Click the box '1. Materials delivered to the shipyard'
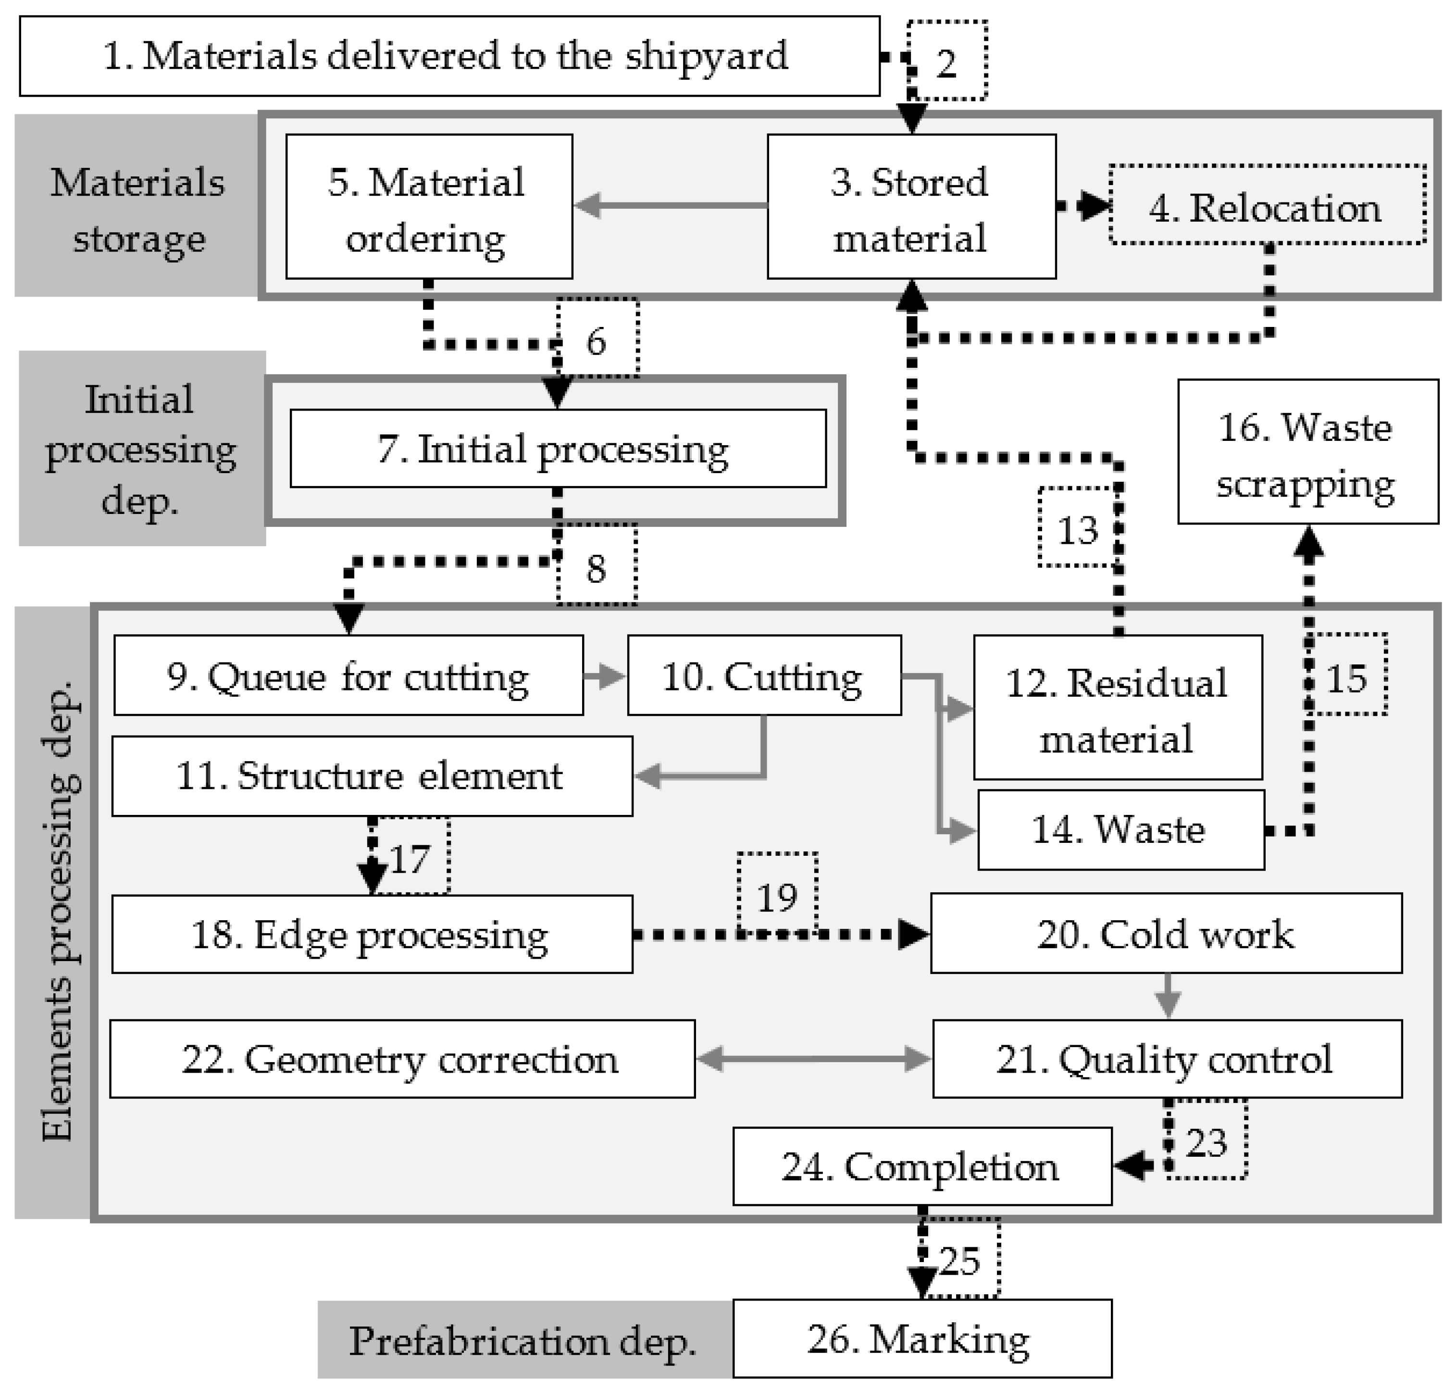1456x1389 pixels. (448, 56)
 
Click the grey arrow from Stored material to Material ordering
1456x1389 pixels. (670, 205)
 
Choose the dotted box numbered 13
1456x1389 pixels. (1075, 528)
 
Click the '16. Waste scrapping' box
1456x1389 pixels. (1307, 452)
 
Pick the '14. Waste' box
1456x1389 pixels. (1120, 829)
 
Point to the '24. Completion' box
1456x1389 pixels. (921, 1166)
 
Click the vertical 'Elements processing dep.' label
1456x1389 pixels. (55, 911)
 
